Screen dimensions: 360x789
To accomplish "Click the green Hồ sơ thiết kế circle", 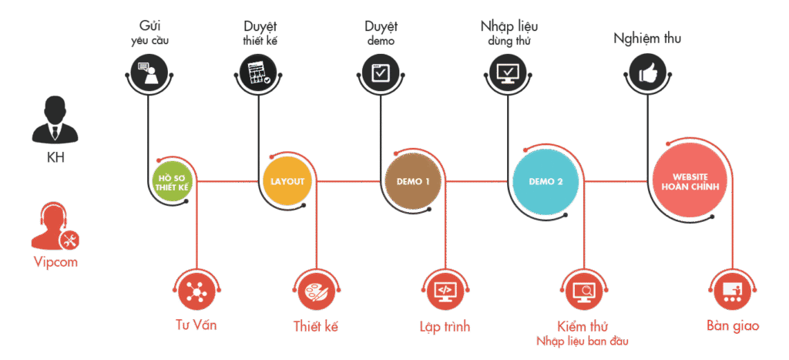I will click(x=171, y=182).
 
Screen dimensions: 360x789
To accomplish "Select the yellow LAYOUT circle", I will click(x=287, y=182).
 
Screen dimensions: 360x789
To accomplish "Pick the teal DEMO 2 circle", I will click(x=546, y=182).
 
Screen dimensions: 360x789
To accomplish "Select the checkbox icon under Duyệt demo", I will click(x=381, y=73).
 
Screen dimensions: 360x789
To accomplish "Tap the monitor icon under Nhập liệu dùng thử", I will click(x=509, y=73).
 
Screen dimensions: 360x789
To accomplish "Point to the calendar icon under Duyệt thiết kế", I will click(x=256, y=73).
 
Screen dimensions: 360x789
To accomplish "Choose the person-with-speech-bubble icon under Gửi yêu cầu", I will click(x=146, y=73).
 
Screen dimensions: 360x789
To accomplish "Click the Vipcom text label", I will click(x=55, y=263).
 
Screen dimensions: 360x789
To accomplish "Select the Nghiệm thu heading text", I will click(x=647, y=38).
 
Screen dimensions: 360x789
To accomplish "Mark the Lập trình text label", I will click(x=445, y=327).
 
